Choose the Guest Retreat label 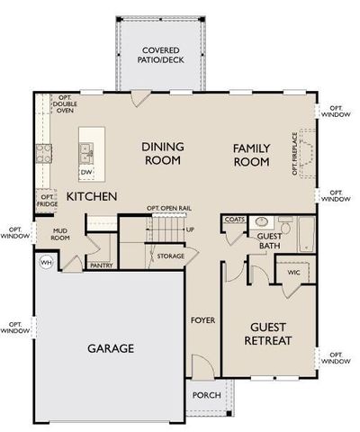tap(267, 335)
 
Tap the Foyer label tap(202, 319)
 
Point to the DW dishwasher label tap(85, 171)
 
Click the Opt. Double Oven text tap(65, 107)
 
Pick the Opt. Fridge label tap(47, 201)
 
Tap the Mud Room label tap(60, 235)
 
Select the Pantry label tap(101, 265)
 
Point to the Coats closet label tap(235, 219)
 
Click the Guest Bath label tap(270, 240)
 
